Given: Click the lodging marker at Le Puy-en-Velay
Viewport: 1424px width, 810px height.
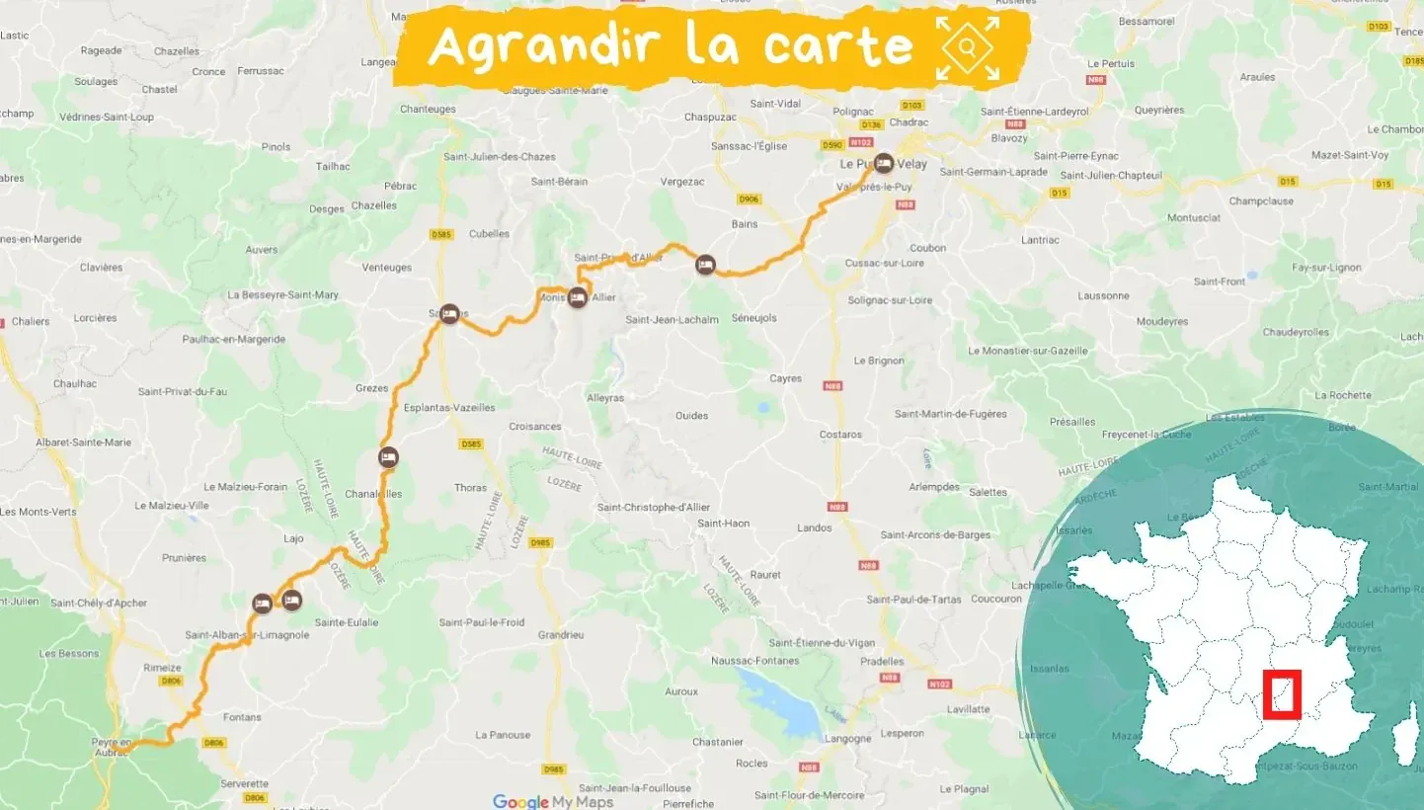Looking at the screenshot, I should coord(883,163).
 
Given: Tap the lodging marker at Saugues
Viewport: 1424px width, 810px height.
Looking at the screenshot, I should coord(449,313).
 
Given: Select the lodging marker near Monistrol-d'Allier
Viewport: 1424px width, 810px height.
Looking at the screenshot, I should coord(577,297).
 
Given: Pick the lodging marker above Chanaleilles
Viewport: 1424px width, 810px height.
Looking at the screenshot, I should coord(388,456).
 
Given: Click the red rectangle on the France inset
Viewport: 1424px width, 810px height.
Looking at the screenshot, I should coord(1282,694).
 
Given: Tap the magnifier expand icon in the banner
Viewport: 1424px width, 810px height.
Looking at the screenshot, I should coord(968,47).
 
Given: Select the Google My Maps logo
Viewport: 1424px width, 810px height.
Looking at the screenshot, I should coord(553,801).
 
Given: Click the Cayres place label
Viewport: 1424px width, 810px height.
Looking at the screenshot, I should coord(786,378).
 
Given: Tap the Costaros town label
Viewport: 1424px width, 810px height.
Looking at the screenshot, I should coord(840,435).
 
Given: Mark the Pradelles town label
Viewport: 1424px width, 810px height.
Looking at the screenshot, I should coord(881,662).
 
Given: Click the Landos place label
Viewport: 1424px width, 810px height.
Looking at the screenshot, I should coord(815,527).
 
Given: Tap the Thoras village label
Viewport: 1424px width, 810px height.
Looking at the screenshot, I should coord(470,488).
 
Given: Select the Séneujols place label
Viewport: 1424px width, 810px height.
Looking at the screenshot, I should coord(754,318).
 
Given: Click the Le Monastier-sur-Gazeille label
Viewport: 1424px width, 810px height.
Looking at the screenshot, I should coord(1027,351).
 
